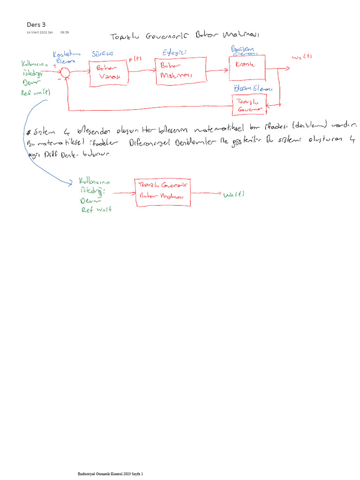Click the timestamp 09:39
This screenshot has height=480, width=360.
pos(65,32)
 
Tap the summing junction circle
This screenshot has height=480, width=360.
pos(65,71)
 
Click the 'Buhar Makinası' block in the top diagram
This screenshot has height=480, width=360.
pos(180,71)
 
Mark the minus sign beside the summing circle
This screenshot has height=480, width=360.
pos(60,80)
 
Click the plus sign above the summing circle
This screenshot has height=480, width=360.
pos(55,66)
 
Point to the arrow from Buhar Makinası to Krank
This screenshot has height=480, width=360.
pos(217,71)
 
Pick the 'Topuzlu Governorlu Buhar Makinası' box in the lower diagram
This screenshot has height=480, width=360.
pos(163,192)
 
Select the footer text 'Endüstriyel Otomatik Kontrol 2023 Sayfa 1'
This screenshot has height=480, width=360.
pos(110,474)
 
